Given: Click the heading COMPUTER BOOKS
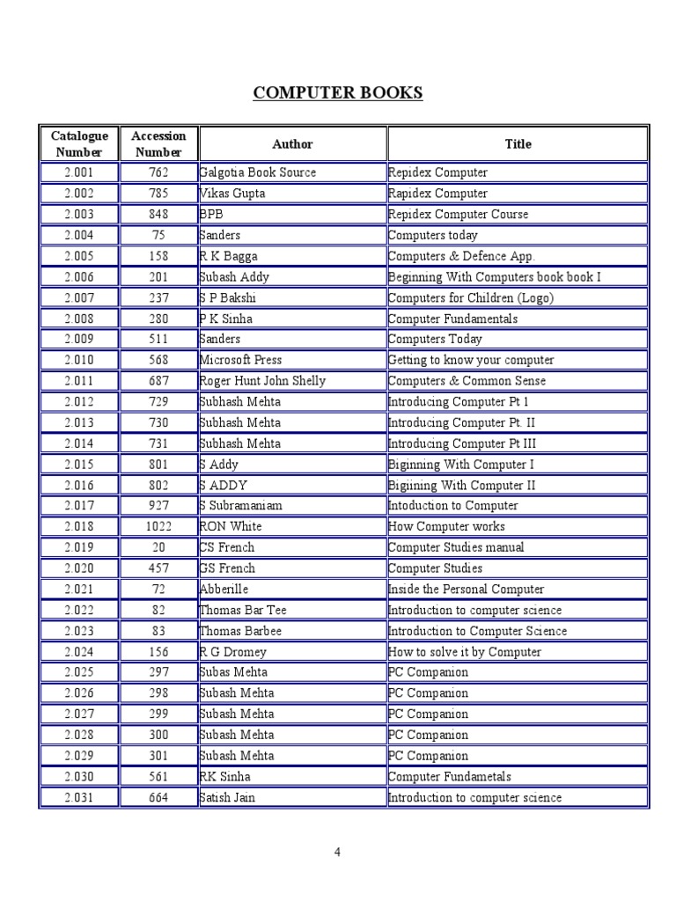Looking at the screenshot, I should tap(338, 93).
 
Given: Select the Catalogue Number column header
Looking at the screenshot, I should tap(79, 143).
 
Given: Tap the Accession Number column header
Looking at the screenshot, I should tap(158, 143).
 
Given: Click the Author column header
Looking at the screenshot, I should tap(292, 143).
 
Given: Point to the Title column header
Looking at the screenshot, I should tap(518, 143).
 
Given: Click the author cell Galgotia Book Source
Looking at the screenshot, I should tap(258, 172).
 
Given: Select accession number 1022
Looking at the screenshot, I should tap(158, 526).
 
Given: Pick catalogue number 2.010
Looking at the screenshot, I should tap(79, 360).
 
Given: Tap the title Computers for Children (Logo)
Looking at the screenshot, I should tap(471, 297).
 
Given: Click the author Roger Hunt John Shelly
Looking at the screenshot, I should tap(263, 381).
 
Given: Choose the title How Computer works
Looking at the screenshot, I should tap(447, 526).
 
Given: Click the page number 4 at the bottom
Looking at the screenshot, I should tap(337, 851).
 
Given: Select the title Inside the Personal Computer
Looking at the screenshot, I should tap(467, 590).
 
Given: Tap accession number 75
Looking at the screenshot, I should tap(158, 235).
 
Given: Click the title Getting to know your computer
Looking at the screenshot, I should tap(471, 360).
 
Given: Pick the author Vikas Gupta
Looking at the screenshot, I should tap(232, 194).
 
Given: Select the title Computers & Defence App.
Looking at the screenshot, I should tap(461, 256).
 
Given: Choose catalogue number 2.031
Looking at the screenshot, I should tap(79, 798).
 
